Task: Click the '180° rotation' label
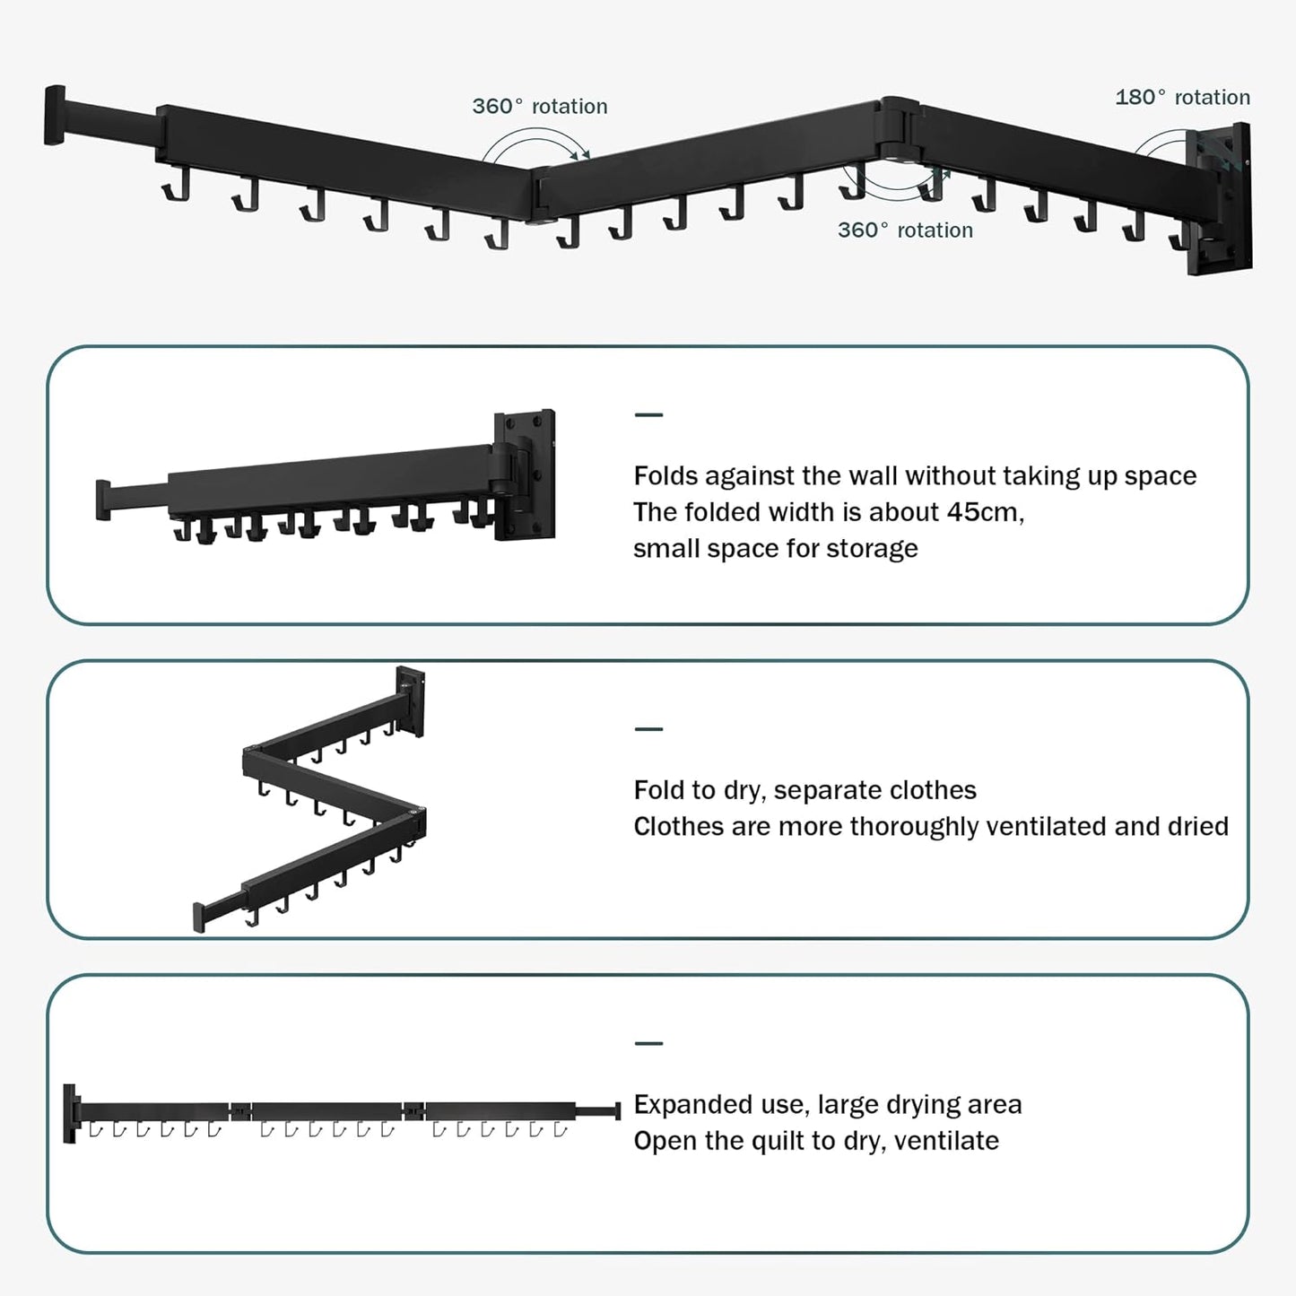[x=1182, y=98]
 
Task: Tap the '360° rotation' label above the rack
[x=540, y=107]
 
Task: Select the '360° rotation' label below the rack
[x=905, y=230]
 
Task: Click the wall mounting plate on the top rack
[x=1222, y=199]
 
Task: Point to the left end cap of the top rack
[x=55, y=115]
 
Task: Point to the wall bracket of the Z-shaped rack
[x=411, y=700]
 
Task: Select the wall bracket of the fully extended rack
[x=70, y=1113]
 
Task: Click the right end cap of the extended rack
[x=617, y=1111]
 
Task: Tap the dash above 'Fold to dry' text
[x=648, y=729]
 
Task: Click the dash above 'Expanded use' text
[x=648, y=1043]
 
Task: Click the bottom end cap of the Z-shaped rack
[x=199, y=918]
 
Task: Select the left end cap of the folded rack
[x=103, y=500]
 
